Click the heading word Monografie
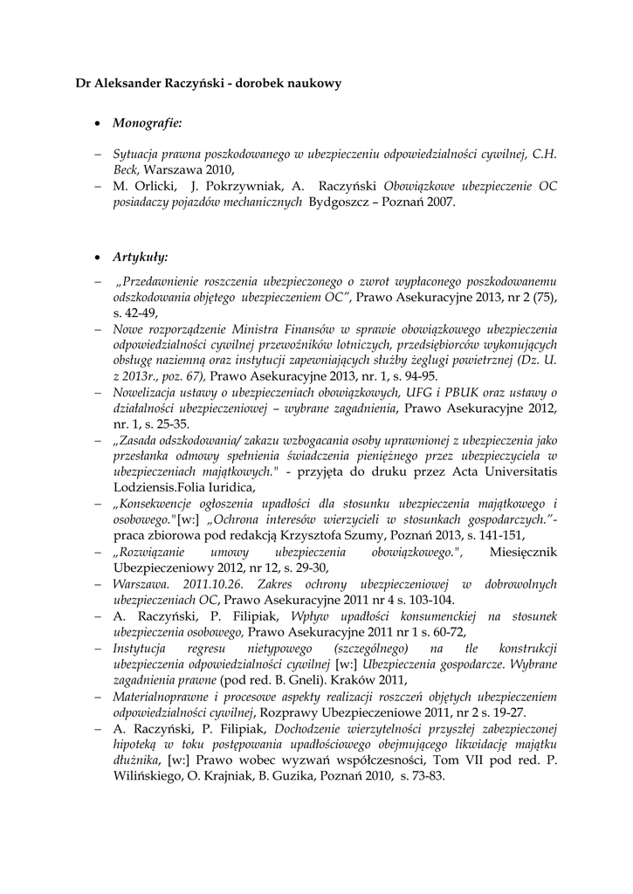(146, 124)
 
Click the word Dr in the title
(84, 83)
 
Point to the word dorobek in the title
(265, 83)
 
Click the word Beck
(127, 168)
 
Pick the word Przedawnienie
(165, 284)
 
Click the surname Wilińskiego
(151, 774)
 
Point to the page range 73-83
(425, 774)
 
